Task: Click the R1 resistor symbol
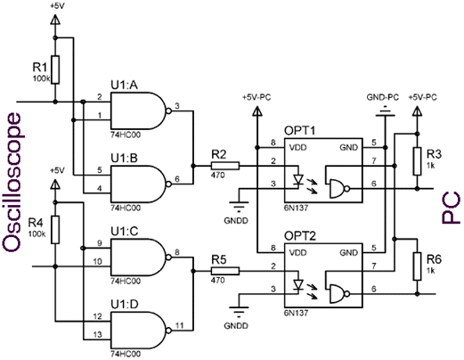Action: [55, 70]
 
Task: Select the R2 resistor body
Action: [225, 166]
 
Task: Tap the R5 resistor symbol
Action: [225, 271]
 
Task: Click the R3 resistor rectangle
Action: [417, 161]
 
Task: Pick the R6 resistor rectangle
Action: [417, 266]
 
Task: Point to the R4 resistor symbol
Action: [55, 230]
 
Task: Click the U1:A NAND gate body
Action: [138, 110]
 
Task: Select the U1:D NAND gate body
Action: [138, 330]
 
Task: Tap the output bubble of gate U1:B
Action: [168, 184]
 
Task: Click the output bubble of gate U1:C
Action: [168, 258]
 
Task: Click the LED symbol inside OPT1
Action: [297, 179]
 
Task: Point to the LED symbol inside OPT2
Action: [297, 284]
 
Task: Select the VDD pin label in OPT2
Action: [297, 253]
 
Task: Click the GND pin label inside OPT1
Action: [349, 147]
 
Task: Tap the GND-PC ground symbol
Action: [385, 112]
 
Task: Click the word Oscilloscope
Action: [12, 182]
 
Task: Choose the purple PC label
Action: [451, 208]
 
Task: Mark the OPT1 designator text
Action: [300, 130]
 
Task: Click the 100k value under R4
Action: [37, 233]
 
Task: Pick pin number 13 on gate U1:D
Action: [97, 335]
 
